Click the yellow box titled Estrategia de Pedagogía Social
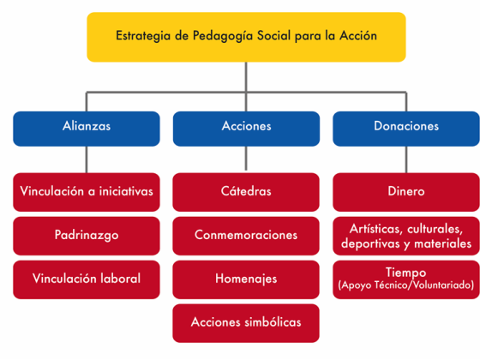point(247,37)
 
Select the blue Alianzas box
point(87,129)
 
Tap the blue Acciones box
point(247,129)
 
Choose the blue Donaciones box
point(406,129)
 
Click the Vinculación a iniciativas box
point(87,192)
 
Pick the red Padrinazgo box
point(87,236)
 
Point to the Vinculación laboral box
point(87,279)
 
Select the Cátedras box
point(246,192)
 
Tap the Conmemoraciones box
point(246,236)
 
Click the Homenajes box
point(246,279)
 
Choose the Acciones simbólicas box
point(246,323)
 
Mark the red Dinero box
point(406,192)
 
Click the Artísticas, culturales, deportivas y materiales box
point(406,236)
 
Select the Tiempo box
point(406,279)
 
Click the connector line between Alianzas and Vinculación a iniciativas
point(87,159)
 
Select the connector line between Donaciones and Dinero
point(406,159)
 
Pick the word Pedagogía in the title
point(223,36)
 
